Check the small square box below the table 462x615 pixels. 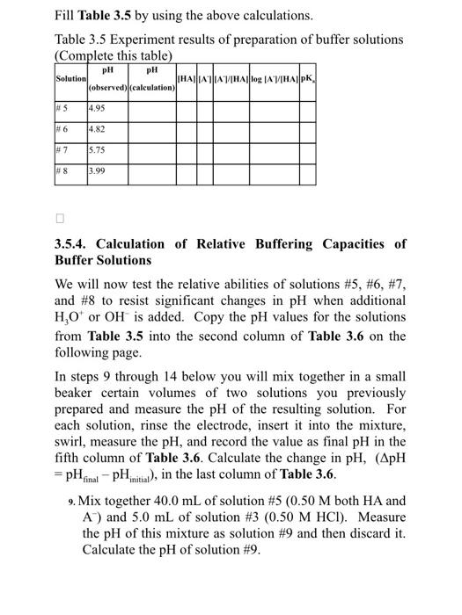[60, 217]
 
